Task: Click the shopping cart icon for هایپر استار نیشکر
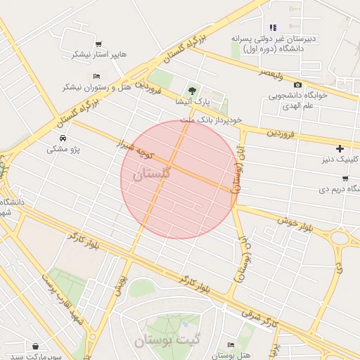click(98, 44)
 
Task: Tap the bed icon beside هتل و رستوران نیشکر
click(96, 76)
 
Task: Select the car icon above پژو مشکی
click(63, 138)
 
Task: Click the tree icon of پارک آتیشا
click(191, 90)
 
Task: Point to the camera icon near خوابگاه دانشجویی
click(297, 84)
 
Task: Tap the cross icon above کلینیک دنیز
click(340, 148)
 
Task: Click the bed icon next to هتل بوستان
click(231, 345)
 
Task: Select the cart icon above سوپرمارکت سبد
click(35, 346)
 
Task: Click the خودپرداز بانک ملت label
click(211, 120)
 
